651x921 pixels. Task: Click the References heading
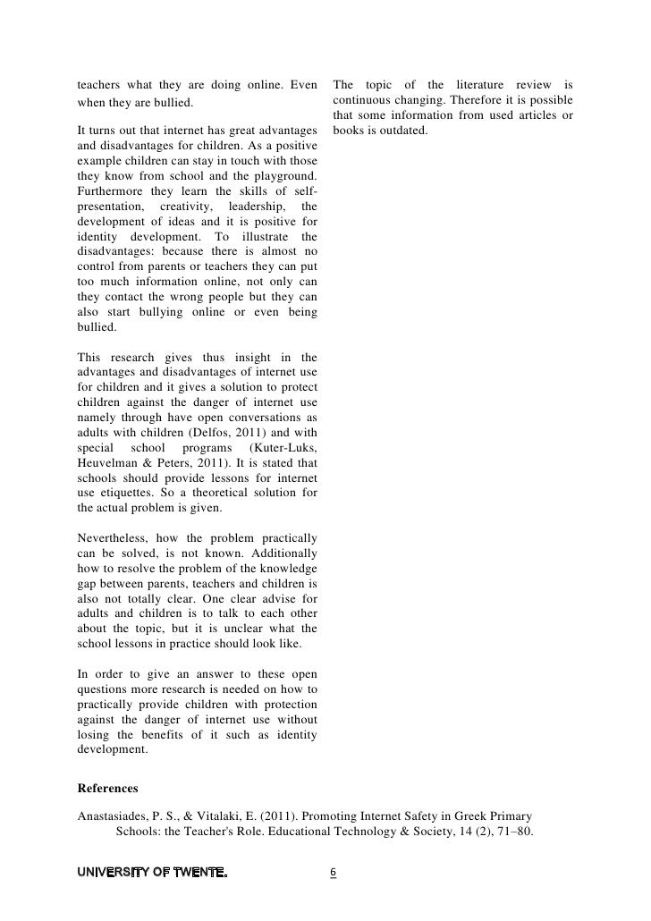pyautogui.click(x=108, y=789)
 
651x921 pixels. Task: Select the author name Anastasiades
pyautogui.click(x=115, y=815)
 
